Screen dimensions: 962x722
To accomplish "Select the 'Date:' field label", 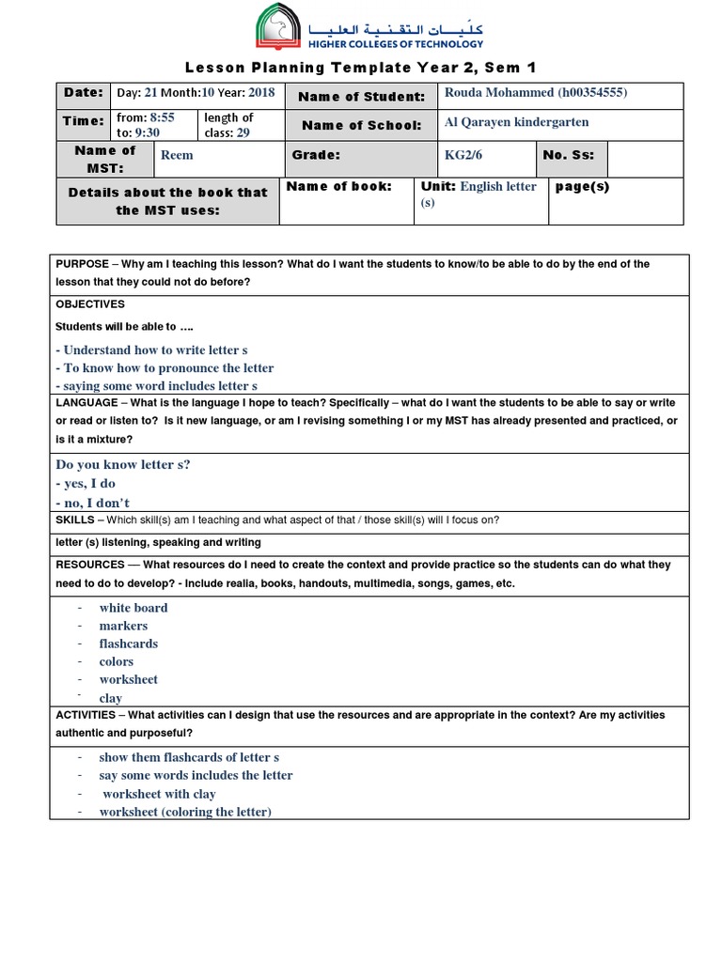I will pyautogui.click(x=83, y=93).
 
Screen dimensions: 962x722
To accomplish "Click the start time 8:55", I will pyautogui.click(x=162, y=117).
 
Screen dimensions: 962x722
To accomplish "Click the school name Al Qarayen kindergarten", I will pyautogui.click(x=516, y=122).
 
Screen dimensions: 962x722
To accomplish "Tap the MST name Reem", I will pyautogui.click(x=177, y=156).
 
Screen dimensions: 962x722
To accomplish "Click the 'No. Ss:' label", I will pyautogui.click(x=569, y=156).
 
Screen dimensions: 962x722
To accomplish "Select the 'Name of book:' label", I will pyautogui.click(x=338, y=186).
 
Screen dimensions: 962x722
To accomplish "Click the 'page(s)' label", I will pyautogui.click(x=582, y=186).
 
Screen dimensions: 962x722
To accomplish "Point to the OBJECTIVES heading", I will pyautogui.click(x=90, y=304).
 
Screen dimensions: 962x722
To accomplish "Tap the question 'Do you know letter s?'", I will pyautogui.click(x=122, y=464).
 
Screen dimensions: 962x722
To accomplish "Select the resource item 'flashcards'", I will pyautogui.click(x=129, y=644).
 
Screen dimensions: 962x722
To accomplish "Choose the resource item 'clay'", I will pyautogui.click(x=111, y=698).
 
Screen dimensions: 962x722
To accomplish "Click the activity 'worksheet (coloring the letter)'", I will pyautogui.click(x=185, y=812).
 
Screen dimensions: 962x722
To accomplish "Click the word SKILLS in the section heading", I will pyautogui.click(x=75, y=520).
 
